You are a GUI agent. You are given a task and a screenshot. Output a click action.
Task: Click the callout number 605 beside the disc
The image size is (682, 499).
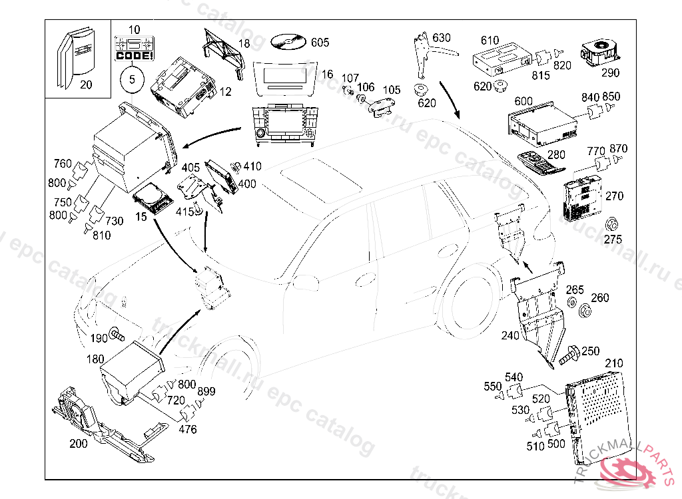coord(320,43)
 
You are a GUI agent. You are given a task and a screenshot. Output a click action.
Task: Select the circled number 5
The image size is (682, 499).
coord(132,80)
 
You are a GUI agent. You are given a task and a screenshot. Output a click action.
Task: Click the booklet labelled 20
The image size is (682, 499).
coord(74,58)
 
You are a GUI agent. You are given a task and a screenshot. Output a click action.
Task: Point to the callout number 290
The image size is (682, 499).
coord(609,73)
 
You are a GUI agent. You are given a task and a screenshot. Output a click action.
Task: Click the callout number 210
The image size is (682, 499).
coord(613,363)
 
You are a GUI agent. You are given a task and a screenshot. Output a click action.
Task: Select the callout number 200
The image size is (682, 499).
coord(78,443)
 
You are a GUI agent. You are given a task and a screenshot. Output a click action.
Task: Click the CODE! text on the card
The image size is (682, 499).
coord(134,56)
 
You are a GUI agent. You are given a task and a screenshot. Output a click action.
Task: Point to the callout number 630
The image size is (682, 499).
coord(441,37)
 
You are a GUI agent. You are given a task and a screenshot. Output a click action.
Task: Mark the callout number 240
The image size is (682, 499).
coord(510,336)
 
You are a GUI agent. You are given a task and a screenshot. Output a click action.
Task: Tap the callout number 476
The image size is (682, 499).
coord(188,430)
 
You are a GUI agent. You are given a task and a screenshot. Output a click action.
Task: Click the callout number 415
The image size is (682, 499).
coord(185,211)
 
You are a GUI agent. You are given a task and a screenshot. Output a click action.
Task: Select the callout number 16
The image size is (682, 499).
coord(326,74)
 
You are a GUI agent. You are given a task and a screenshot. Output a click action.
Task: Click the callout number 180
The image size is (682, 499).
coord(95,359)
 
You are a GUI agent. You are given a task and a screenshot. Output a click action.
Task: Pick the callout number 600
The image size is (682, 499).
coord(523,100)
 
